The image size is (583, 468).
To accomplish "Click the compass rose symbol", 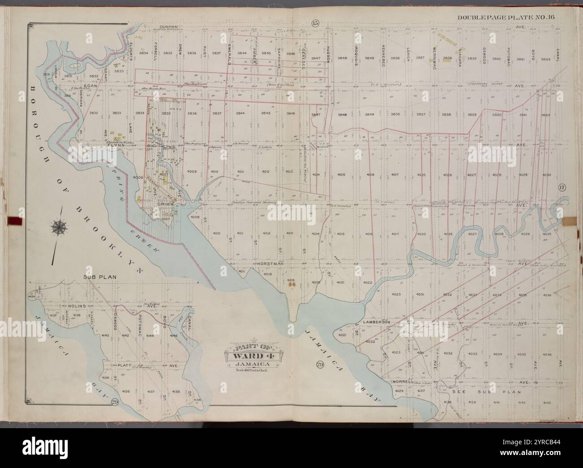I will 59,227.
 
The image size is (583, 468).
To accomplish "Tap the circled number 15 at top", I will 313,23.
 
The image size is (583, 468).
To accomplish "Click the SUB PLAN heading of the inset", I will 100,277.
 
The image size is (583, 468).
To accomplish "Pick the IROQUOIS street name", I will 355,56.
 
